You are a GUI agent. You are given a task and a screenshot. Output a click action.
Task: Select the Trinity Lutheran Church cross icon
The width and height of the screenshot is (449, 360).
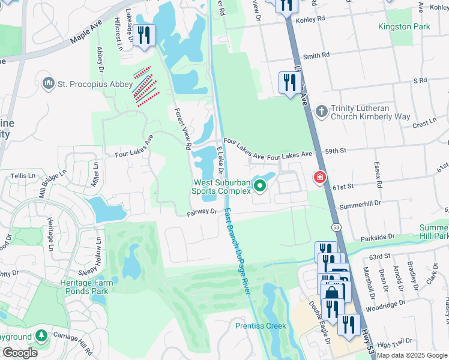coord(322,112)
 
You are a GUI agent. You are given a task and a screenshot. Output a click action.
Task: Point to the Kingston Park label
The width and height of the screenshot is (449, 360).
coord(404,27)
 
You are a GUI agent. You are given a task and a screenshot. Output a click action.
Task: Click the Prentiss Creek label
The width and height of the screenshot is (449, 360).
coord(261,326)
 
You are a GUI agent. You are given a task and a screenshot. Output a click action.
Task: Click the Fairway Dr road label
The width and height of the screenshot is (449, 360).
coord(201,212)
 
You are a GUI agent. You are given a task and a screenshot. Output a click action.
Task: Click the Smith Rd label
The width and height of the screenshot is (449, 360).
coord(317,55)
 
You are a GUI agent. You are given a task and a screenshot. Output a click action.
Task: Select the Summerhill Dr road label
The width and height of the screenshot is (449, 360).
coord(361,205)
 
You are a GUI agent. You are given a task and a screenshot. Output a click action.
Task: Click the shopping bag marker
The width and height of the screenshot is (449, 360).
coord(331,294)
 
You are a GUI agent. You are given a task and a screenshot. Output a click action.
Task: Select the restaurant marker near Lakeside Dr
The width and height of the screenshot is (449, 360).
coord(143,34)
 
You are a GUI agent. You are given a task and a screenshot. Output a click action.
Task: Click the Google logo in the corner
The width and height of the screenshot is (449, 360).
coord(19,353)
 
